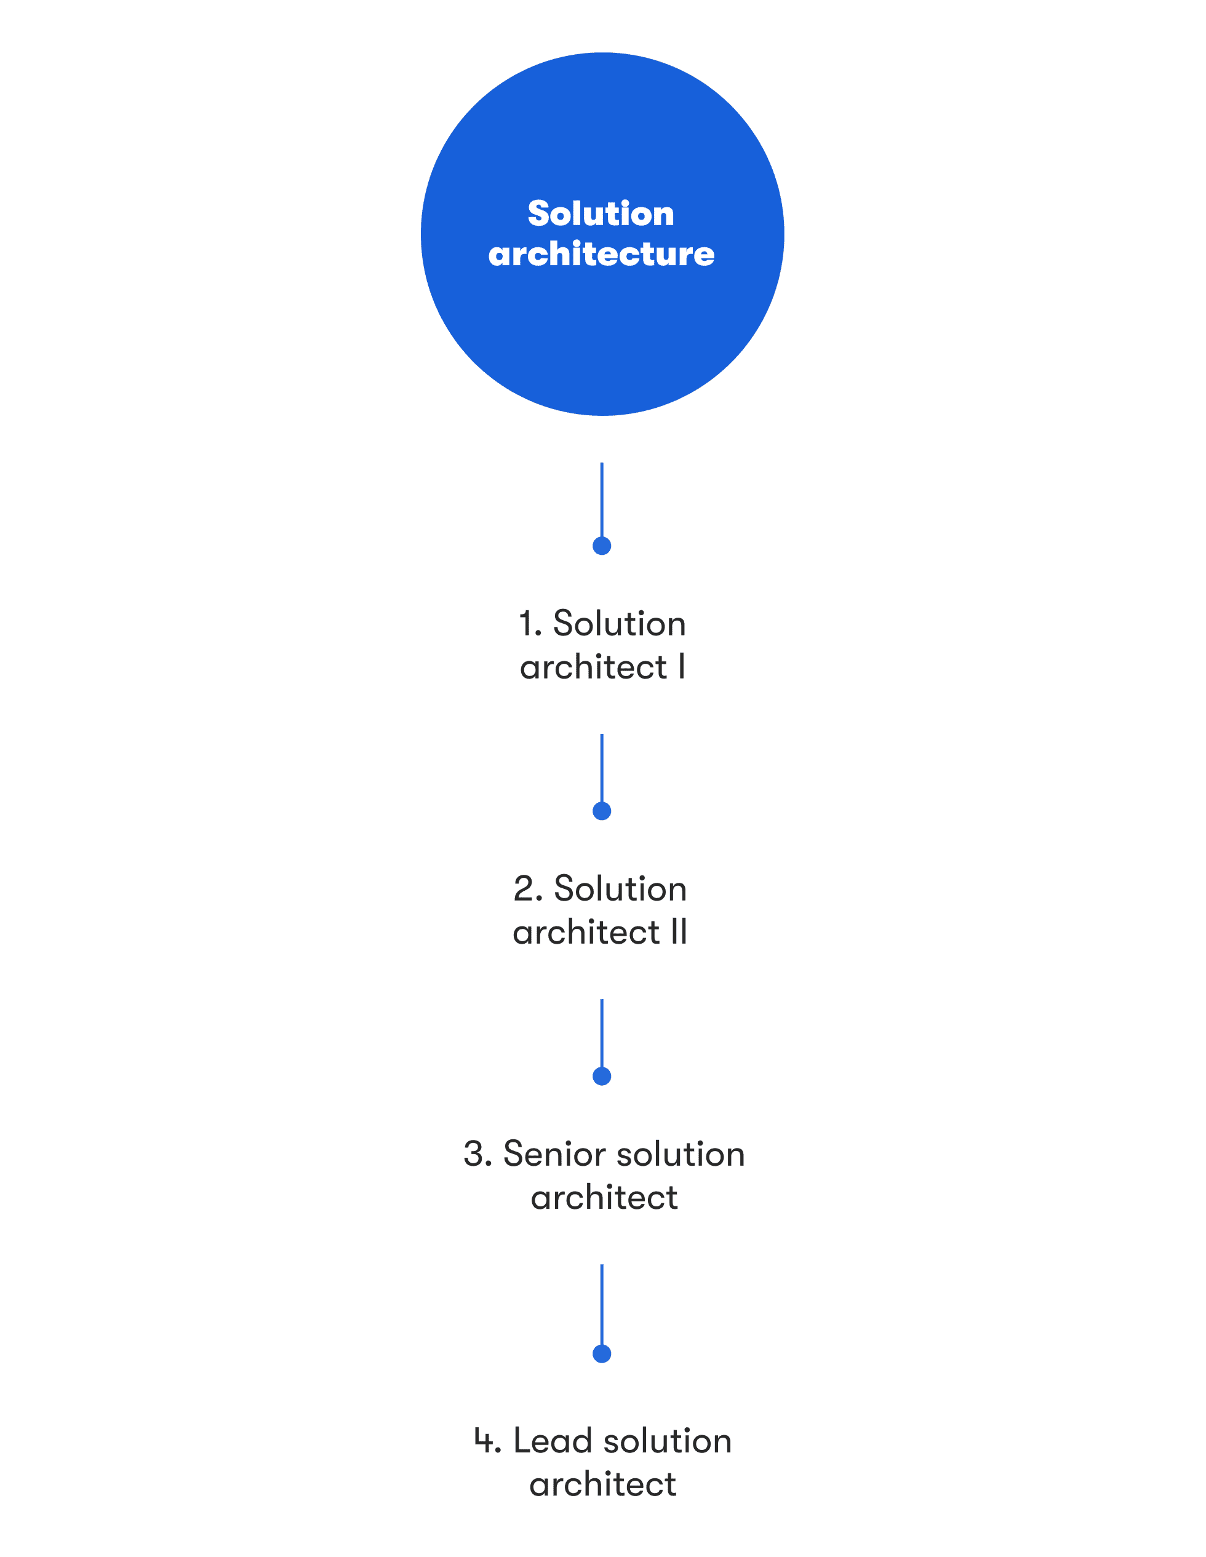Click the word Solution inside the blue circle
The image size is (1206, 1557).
(601, 213)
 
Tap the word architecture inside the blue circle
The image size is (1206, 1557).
(601, 254)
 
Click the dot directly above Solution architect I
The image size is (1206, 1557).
(602, 546)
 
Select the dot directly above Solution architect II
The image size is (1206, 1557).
(602, 811)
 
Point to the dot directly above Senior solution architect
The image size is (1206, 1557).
(602, 1076)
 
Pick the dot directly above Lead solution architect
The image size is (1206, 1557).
(602, 1353)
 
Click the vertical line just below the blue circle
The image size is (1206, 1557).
(602, 501)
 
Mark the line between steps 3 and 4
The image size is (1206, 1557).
(602, 1305)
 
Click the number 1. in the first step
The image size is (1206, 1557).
(530, 624)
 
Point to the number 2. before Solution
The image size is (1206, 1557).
(528, 889)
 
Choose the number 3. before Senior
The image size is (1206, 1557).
(478, 1154)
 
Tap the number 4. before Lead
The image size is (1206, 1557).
(488, 1441)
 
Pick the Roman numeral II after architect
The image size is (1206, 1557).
(679, 932)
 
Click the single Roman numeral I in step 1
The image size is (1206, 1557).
(682, 667)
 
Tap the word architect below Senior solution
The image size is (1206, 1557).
(604, 1198)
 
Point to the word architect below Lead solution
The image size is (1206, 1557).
(602, 1484)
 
